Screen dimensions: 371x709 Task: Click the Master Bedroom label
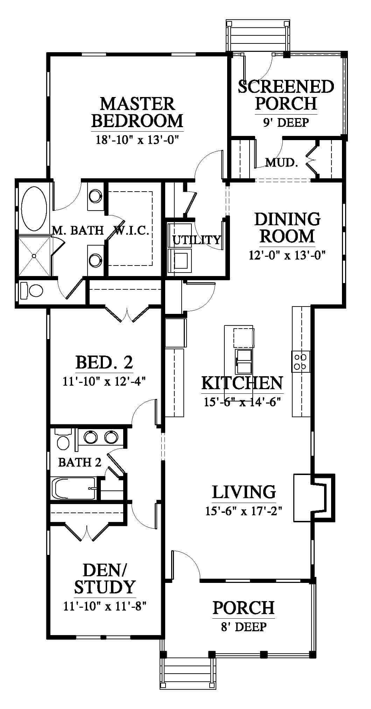[137, 112]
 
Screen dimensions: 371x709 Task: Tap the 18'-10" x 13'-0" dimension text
[137, 140]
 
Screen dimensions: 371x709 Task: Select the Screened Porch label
[286, 95]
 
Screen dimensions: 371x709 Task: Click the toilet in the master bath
[31, 290]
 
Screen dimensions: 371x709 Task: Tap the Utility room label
[197, 240]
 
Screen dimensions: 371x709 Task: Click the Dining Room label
[287, 227]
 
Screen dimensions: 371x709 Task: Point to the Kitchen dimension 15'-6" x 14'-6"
[243, 401]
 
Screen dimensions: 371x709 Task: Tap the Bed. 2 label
[104, 362]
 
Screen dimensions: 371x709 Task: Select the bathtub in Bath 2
[74, 488]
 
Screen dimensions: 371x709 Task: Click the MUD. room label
[281, 162]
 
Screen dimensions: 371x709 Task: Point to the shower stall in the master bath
[34, 256]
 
